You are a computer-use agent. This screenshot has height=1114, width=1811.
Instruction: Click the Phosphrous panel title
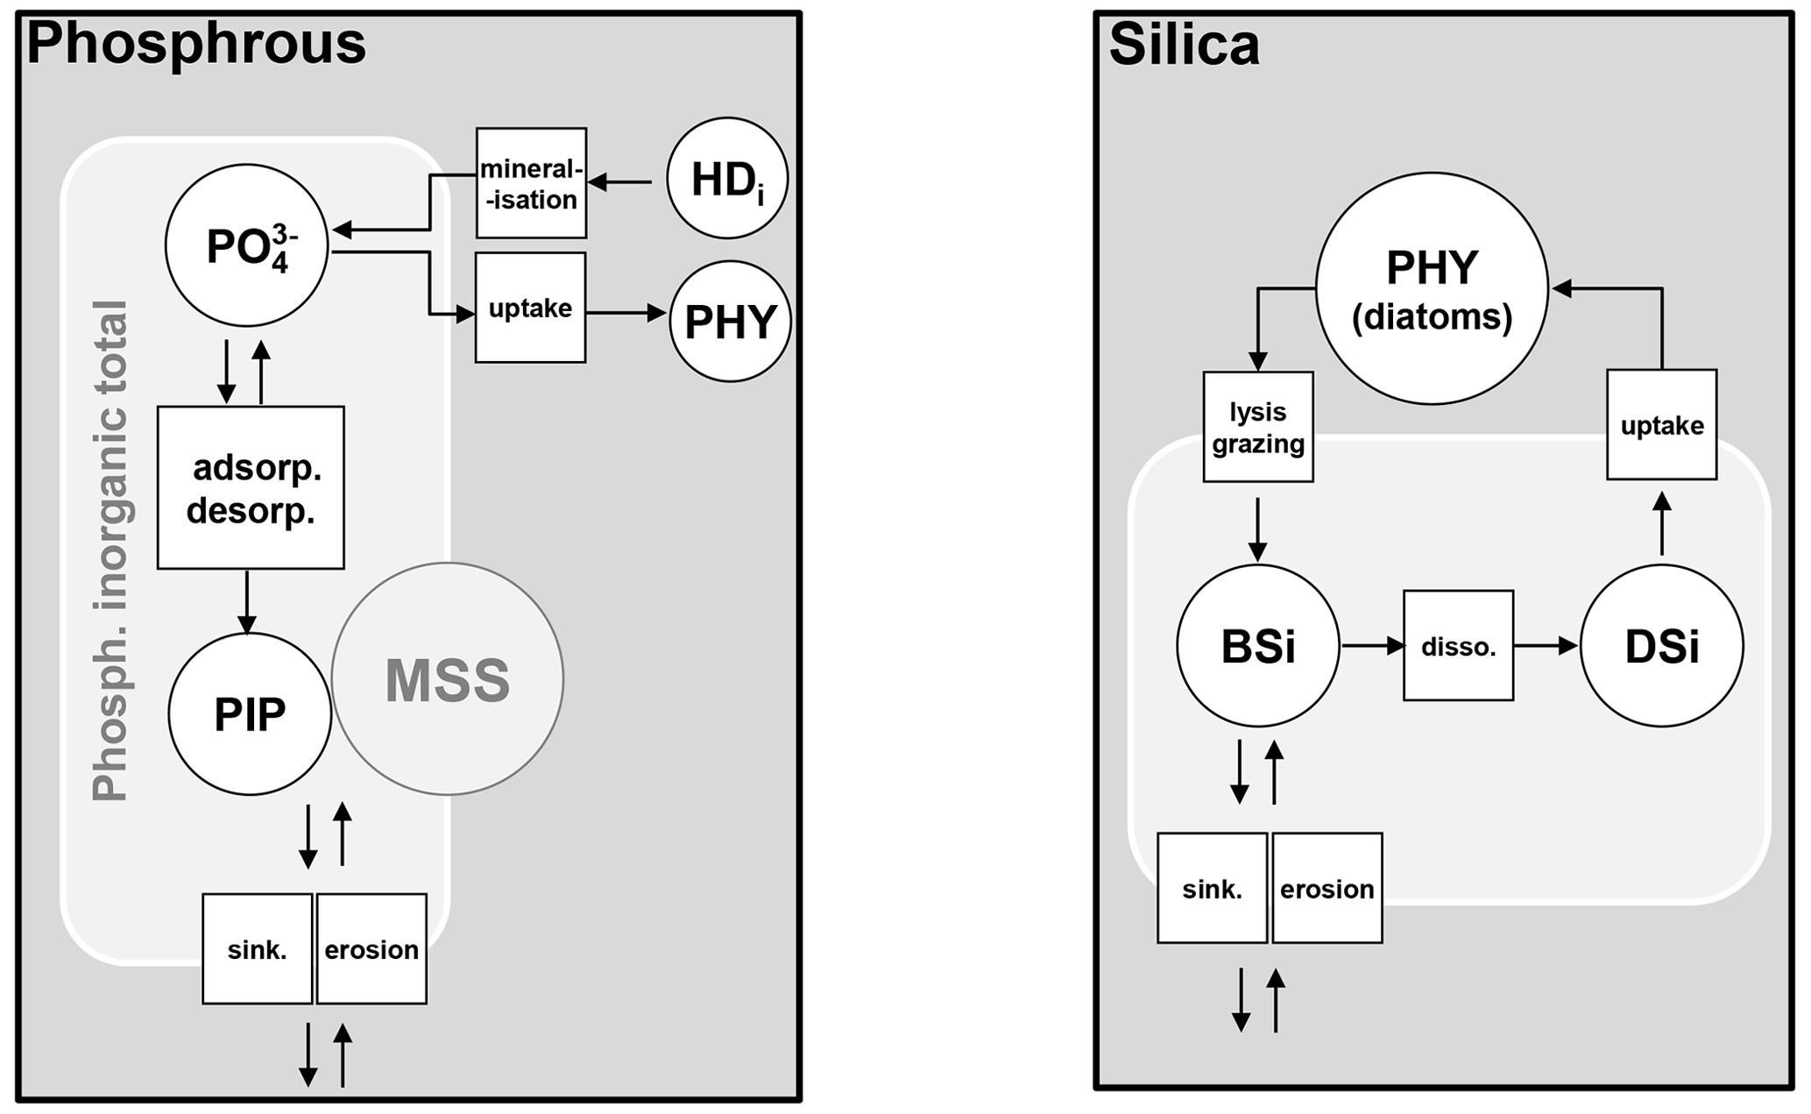[196, 44]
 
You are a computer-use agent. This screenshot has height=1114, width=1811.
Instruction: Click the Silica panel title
[1184, 45]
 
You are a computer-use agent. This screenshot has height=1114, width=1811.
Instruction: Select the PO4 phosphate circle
[246, 245]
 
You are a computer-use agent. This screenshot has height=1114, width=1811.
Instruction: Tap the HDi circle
[727, 179]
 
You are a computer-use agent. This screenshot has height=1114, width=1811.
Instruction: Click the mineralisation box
[531, 183]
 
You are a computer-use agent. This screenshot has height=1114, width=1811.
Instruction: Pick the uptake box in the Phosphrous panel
[530, 308]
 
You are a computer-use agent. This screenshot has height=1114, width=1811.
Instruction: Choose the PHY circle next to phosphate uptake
[730, 321]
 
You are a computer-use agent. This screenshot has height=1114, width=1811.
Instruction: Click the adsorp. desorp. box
[251, 487]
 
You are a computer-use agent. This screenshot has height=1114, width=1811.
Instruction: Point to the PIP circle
[250, 714]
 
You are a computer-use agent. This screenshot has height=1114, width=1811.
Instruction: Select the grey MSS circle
[448, 679]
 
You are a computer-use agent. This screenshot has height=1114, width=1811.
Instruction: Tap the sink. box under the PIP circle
[257, 948]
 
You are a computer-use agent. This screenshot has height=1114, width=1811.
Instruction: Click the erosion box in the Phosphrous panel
[371, 948]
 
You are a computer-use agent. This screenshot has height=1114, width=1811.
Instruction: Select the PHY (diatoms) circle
[1432, 288]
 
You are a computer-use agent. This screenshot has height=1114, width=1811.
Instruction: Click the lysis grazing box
[1258, 427]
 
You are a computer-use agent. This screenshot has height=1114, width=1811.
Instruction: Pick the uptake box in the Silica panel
[1661, 425]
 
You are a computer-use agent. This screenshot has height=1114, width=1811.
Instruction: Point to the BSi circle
[1258, 646]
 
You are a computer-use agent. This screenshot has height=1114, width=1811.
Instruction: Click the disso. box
[1458, 646]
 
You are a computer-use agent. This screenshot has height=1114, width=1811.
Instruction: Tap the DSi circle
[1661, 646]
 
